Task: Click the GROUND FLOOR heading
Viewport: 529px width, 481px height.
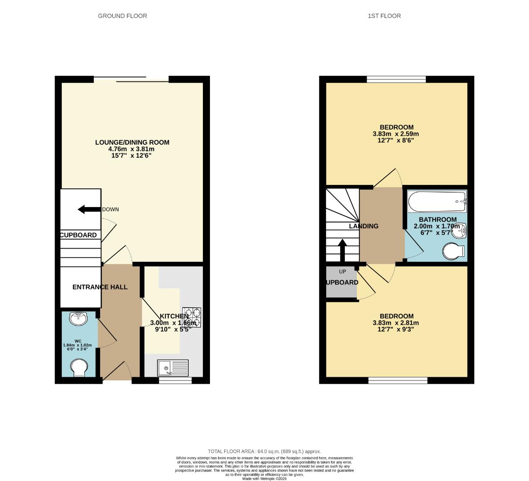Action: (x=122, y=16)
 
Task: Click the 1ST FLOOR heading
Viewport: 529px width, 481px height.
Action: (x=384, y=16)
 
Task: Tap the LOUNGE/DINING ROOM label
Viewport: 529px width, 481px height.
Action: (x=132, y=143)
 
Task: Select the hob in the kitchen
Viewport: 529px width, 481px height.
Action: (x=192, y=317)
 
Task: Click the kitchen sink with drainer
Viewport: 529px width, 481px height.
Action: (x=173, y=368)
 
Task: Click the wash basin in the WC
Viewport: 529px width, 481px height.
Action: (x=79, y=318)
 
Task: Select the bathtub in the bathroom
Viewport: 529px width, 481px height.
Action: (x=437, y=202)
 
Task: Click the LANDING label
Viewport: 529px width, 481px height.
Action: (x=363, y=226)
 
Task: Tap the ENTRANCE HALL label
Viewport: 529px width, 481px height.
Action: (x=100, y=287)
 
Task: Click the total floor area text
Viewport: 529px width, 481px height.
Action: (x=264, y=451)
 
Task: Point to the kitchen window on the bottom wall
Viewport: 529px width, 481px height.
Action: (x=175, y=380)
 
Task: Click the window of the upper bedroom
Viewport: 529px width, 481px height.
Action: (x=396, y=80)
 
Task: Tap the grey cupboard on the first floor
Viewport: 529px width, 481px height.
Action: (x=341, y=282)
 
